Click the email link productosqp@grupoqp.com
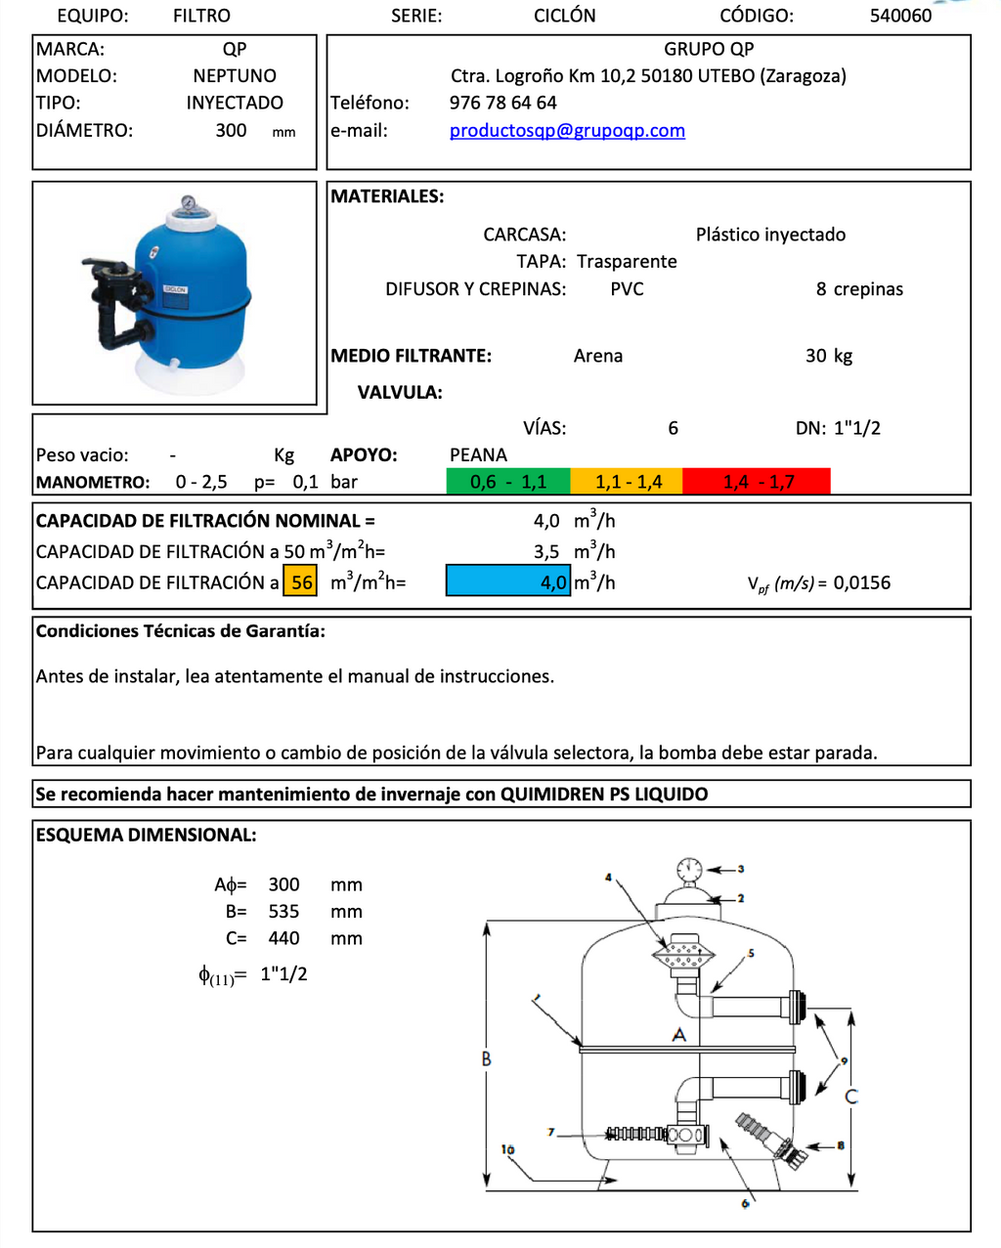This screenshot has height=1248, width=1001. click(x=567, y=131)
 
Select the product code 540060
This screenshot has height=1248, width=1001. click(x=900, y=16)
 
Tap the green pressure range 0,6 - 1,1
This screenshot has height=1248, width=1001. click(x=508, y=482)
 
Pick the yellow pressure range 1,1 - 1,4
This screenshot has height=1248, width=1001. click(x=628, y=482)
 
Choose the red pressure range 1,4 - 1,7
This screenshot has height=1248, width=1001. click(x=758, y=482)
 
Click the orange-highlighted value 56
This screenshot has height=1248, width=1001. click(x=301, y=582)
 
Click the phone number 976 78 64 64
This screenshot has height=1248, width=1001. click(x=502, y=103)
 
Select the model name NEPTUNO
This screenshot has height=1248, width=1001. click(x=235, y=76)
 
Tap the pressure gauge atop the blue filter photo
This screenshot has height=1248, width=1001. click(x=187, y=206)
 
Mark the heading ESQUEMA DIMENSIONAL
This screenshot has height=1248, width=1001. click(x=147, y=836)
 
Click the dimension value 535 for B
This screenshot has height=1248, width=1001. click(x=283, y=912)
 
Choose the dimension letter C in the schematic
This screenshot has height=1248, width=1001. click(x=851, y=1096)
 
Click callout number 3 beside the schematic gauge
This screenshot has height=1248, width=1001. click(x=741, y=869)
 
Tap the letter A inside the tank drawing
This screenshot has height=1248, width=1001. click(x=679, y=1035)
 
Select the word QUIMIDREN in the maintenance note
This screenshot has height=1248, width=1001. click(x=552, y=795)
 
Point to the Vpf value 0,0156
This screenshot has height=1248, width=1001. click(x=861, y=583)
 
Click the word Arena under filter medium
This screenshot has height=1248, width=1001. click(x=598, y=357)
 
